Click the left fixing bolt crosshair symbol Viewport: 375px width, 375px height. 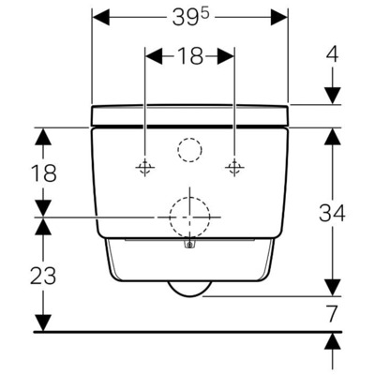tap(144, 168)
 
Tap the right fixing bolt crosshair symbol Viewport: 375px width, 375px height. tap(233, 168)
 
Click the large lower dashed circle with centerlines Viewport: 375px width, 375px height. tap(189, 217)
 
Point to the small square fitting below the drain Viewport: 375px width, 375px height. tap(189, 247)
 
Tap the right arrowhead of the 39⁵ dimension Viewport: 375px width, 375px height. tap(280, 18)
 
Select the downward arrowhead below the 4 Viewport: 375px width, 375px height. tap(333, 95)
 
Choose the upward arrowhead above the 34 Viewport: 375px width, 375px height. tap(332, 136)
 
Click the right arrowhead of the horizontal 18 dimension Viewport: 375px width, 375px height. tap(228, 56)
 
